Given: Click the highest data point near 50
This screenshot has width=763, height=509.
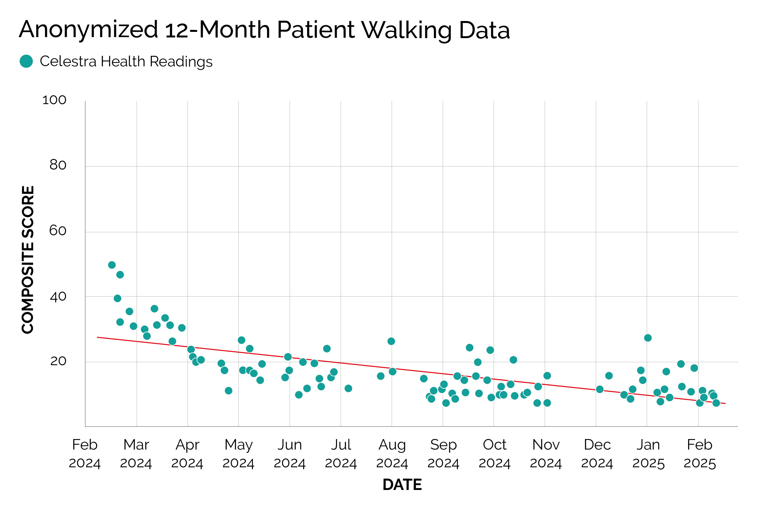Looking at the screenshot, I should point(112,265).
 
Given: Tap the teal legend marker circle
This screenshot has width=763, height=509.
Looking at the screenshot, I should point(26,61).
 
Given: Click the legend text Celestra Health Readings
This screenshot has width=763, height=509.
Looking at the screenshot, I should point(126,61).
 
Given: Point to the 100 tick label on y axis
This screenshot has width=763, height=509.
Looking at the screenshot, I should point(55,100).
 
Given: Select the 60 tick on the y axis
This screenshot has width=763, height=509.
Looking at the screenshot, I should point(58,231).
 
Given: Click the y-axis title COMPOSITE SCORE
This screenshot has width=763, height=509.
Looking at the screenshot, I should point(28,259).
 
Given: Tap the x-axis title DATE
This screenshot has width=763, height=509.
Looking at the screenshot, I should point(402,484).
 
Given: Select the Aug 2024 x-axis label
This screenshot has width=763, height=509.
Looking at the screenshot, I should point(392,454).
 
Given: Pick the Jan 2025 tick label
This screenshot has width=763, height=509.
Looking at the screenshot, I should point(648,454).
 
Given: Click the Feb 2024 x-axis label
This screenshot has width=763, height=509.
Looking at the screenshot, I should point(85,454).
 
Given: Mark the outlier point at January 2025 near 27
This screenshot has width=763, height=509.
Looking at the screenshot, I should point(648,338).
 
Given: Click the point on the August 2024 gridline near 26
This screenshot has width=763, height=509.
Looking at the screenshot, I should point(391,341).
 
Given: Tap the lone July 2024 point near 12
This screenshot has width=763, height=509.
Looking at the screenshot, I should point(348,388).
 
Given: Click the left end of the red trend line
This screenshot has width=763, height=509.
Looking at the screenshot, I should point(98,337).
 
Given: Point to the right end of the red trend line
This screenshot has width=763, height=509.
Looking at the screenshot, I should point(725,403).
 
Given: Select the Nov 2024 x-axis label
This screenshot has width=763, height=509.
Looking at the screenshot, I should point(546,454).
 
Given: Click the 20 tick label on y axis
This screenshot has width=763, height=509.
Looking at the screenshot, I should point(58,361).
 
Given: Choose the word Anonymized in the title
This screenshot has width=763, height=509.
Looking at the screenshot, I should point(89,30).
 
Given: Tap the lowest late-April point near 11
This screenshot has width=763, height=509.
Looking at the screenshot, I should point(229,390).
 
